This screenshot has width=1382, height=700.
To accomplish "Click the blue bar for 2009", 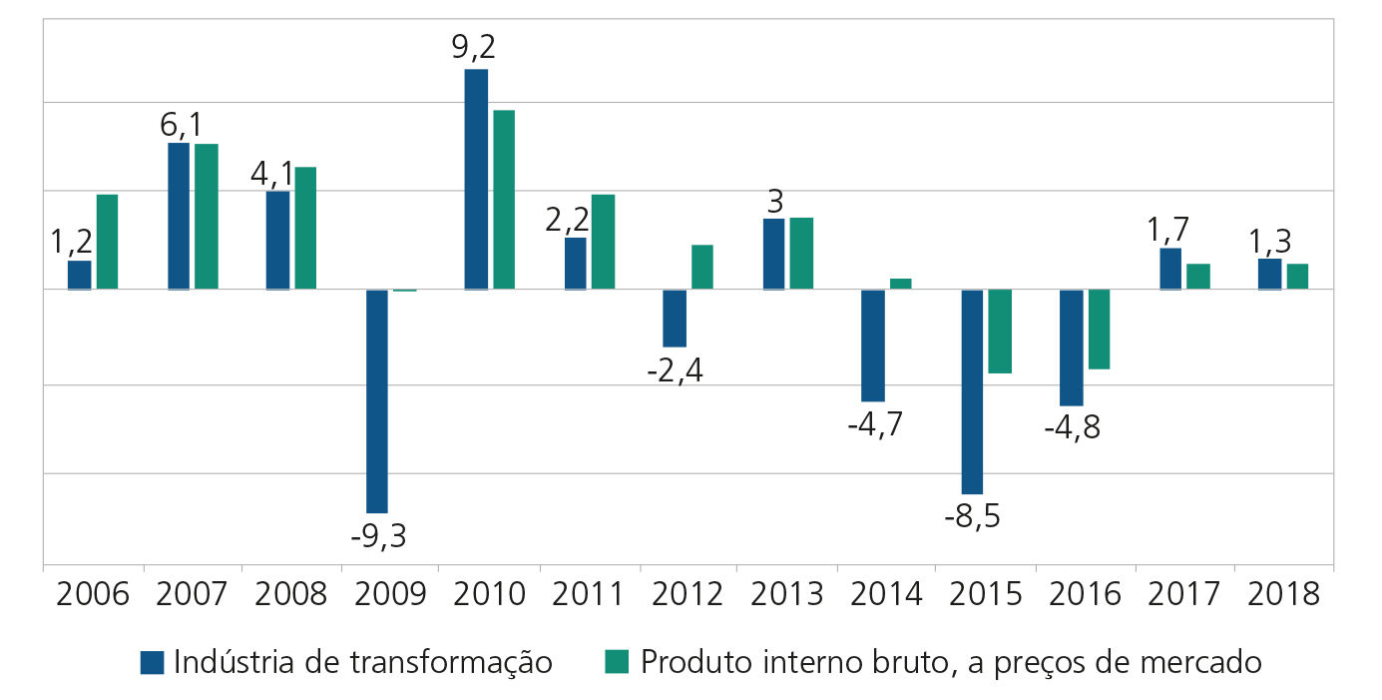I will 377,400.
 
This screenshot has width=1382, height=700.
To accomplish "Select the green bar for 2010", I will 504,200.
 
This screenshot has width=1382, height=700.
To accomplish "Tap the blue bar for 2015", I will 972,391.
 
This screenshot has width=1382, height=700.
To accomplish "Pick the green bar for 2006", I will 107,242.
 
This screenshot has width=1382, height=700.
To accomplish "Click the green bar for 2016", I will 1100,330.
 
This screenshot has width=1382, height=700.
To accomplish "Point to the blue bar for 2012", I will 675,319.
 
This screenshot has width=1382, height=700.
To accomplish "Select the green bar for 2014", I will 901,284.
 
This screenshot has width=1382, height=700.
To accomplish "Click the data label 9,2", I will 474,48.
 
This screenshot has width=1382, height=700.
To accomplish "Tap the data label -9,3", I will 378,536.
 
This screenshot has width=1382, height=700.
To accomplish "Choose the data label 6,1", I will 181,125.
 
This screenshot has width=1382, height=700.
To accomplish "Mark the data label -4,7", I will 874,424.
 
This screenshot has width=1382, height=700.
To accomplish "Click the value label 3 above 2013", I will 774,201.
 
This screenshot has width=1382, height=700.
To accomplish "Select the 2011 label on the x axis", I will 589,594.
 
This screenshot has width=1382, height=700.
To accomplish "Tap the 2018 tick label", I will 1283,594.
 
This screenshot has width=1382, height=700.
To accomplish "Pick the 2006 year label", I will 94,594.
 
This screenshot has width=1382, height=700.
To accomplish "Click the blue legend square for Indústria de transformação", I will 152,662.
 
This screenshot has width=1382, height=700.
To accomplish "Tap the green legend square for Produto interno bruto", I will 618,662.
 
